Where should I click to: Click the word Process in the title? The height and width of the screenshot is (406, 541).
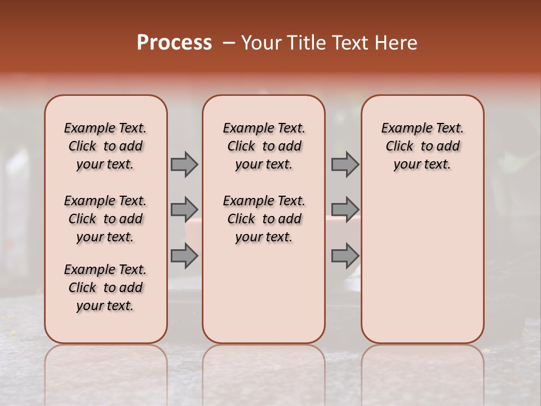174,43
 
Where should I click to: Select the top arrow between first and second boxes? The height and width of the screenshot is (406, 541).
184,165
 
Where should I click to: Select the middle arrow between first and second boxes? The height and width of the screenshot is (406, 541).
184,210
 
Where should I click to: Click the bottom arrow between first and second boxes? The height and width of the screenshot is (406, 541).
184,255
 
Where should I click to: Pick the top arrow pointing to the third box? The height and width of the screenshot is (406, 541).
345,165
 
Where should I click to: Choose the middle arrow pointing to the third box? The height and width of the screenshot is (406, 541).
345,210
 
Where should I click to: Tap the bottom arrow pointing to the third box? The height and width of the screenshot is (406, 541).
345,255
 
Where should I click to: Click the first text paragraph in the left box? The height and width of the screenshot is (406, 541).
105,146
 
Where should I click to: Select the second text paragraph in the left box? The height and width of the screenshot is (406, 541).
105,219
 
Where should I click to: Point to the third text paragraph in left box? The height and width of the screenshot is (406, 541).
105,288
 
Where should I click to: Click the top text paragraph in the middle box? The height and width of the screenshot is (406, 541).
264,146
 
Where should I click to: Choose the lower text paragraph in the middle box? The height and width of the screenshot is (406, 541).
264,219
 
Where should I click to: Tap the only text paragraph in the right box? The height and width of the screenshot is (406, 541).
422,146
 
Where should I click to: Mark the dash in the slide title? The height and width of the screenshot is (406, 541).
229,43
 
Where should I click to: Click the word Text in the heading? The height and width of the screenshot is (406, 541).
349,43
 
